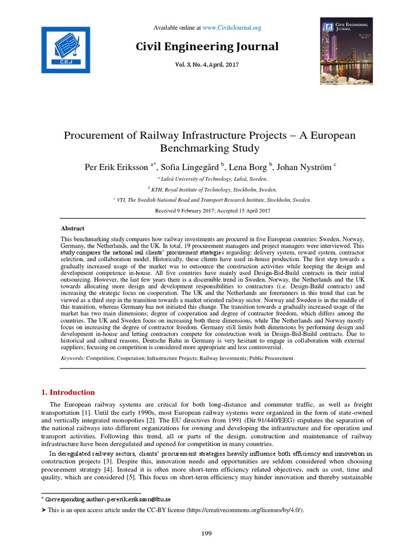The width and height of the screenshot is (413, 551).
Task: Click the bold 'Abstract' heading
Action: coord(73,228)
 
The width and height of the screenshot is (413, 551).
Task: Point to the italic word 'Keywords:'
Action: coord(73,358)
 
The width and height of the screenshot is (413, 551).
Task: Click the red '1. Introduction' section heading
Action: coord(68,392)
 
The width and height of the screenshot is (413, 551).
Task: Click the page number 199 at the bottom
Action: coord(207,533)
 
